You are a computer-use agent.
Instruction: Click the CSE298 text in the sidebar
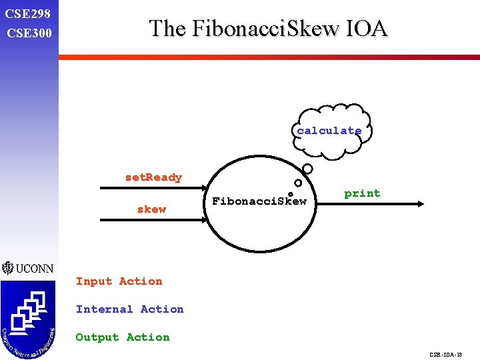coord(27,13)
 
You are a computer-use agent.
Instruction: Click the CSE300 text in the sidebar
coord(27,32)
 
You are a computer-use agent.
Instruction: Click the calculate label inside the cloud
coord(329,131)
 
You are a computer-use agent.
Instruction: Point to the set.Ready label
coord(153,177)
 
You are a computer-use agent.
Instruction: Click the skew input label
coord(151,209)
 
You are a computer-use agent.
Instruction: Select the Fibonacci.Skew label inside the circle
coord(259,201)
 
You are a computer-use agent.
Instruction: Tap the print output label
coord(362,193)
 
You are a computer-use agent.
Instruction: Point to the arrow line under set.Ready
coord(153,188)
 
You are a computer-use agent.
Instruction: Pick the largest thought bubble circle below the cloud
coord(307,169)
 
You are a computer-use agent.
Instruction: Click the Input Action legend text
coord(119,281)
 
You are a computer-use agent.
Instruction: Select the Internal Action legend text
coord(129,309)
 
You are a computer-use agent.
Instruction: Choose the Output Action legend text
coord(123,337)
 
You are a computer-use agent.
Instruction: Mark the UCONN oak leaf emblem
coord(7,268)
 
